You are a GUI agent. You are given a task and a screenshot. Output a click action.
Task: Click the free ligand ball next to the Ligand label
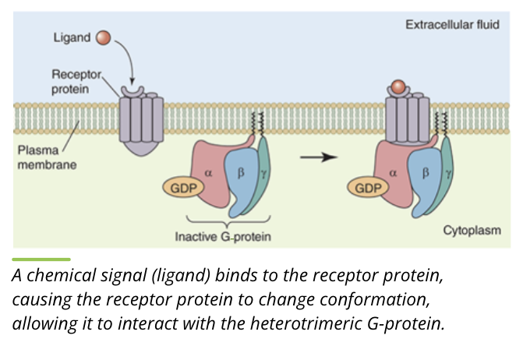[103, 37]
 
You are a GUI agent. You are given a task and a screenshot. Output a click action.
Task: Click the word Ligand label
[72, 37]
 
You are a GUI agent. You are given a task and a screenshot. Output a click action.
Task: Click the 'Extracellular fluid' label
[452, 24]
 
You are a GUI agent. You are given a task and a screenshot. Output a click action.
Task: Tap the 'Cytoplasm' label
[472, 231]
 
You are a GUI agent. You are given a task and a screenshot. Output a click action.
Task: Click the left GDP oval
[179, 188]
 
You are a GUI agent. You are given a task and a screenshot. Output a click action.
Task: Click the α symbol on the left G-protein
[208, 172]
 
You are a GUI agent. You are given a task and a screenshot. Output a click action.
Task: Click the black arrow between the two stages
[319, 157]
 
